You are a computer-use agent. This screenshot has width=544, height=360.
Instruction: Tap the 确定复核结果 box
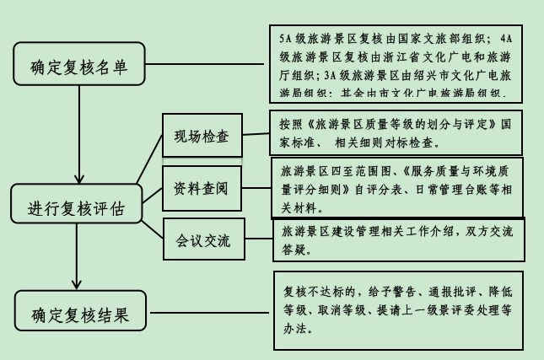(x=80, y=316)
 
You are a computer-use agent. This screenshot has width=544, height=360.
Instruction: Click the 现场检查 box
(x=202, y=135)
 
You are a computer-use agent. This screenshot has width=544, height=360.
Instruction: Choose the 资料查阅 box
(x=202, y=188)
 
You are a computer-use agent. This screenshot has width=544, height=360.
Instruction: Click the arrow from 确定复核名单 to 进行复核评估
(x=78, y=135)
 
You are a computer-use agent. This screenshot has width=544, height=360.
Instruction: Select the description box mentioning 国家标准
(x=396, y=132)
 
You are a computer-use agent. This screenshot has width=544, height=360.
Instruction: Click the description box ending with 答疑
(x=396, y=239)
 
